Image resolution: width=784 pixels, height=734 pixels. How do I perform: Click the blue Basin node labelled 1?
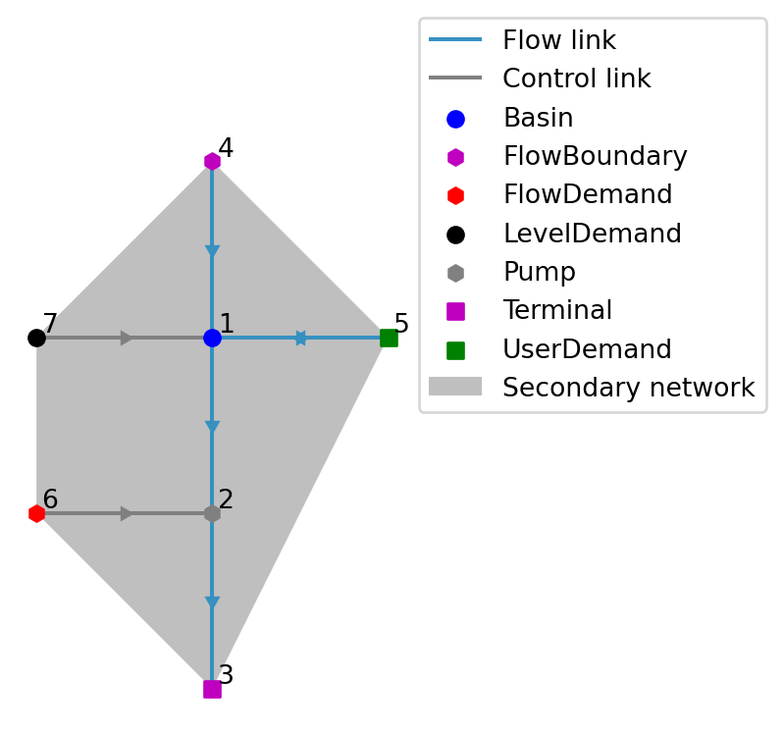tap(212, 338)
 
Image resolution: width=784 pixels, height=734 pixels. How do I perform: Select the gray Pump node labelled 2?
tap(212, 513)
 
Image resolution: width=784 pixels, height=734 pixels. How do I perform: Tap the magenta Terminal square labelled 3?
tap(212, 689)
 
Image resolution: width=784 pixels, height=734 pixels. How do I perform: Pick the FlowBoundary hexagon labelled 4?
tap(212, 161)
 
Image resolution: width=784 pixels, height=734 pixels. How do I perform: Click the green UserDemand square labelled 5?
tap(389, 338)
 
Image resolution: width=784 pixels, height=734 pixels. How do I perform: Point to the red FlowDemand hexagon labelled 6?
tap(36, 513)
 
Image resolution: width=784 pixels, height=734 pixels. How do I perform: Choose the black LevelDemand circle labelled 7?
tap(36, 338)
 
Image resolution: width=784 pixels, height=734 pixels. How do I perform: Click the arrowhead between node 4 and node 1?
tap(212, 251)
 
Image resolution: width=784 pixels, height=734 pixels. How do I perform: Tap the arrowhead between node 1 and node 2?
tap(212, 427)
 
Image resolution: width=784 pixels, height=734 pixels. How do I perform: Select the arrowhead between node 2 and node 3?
tap(212, 603)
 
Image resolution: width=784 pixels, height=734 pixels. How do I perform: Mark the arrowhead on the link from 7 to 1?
tap(126, 338)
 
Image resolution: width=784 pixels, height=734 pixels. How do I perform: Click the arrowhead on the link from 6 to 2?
tap(126, 513)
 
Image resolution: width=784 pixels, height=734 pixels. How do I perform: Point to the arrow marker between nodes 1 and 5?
tap(300, 338)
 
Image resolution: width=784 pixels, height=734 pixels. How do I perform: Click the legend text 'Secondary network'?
tap(628, 388)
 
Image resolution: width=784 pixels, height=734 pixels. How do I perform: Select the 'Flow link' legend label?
tap(559, 41)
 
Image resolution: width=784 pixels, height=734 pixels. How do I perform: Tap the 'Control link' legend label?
tap(576, 79)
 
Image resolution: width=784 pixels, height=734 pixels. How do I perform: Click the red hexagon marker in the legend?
tap(455, 195)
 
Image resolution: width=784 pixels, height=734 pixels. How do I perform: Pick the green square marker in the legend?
tap(455, 349)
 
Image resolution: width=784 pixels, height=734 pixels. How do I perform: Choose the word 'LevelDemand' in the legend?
tap(592, 234)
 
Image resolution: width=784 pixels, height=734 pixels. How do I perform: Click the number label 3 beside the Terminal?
tap(226, 675)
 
